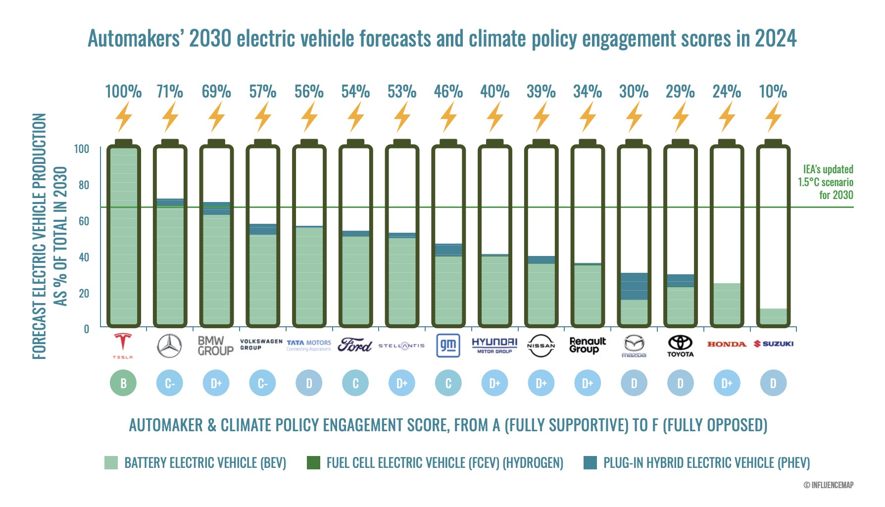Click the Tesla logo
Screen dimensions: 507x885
click(x=123, y=345)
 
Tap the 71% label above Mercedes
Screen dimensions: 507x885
click(x=170, y=92)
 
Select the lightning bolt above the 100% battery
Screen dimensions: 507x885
click(x=123, y=117)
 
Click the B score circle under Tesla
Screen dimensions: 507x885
click(x=123, y=383)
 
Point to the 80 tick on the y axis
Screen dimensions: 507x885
click(x=84, y=185)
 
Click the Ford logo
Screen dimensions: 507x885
click(x=355, y=345)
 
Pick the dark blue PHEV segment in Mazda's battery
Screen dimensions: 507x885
click(x=634, y=286)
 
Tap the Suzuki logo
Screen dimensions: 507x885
click(x=773, y=344)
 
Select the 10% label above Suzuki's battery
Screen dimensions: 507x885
click(x=773, y=92)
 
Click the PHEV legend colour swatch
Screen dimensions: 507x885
click(x=590, y=463)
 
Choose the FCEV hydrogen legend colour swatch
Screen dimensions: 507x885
click(x=313, y=463)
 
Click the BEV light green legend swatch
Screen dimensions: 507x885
click(x=111, y=463)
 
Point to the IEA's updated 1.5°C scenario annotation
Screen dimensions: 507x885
click(x=827, y=182)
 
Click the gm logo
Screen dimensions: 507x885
click(x=448, y=345)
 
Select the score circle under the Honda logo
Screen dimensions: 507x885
click(x=727, y=383)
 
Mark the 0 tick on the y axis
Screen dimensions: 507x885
click(x=86, y=329)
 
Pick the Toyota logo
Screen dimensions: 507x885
click(x=680, y=346)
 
